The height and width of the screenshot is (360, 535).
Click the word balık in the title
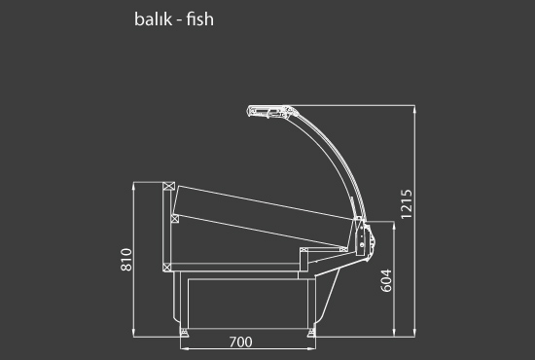coord(153,18)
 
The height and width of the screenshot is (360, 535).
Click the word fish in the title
coord(200,18)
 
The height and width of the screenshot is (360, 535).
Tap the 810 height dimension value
coord(126,260)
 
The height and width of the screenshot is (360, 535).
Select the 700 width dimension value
coord(241,342)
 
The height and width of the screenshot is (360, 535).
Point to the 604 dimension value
coord(386,280)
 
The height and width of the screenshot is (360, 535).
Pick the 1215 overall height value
coord(407,204)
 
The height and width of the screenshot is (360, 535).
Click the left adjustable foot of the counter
coord(184,332)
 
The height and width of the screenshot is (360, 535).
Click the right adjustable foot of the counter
coord(311,332)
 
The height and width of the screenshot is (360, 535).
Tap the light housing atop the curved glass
coord(269,112)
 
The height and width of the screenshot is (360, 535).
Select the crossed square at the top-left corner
coord(168,186)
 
